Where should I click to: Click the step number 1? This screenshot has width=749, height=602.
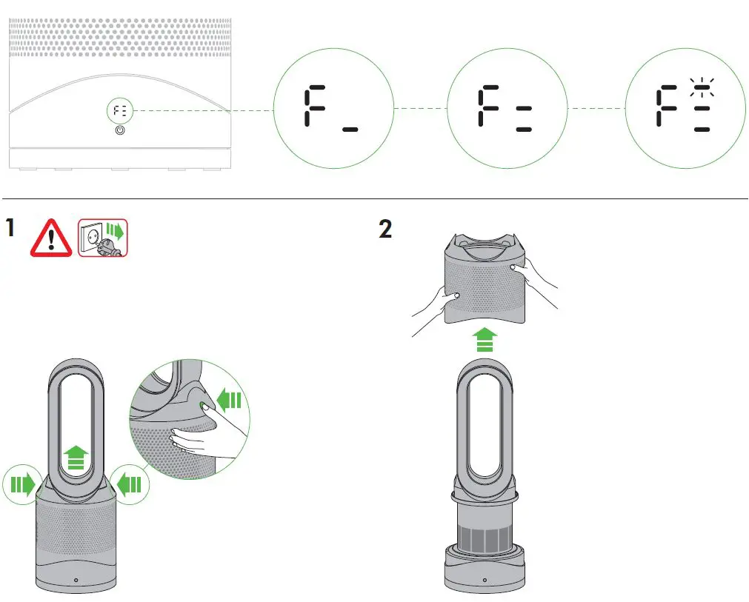[10, 227]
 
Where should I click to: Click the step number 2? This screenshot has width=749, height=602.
[385, 229]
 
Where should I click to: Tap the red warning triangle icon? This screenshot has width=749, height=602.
[51, 238]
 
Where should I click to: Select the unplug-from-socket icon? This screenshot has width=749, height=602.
[103, 238]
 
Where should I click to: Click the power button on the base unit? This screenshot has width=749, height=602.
[121, 130]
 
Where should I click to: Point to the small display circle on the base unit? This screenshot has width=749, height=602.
[121, 111]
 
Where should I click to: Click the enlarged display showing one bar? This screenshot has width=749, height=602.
[331, 110]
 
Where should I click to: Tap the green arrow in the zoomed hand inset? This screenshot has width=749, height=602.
[230, 401]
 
